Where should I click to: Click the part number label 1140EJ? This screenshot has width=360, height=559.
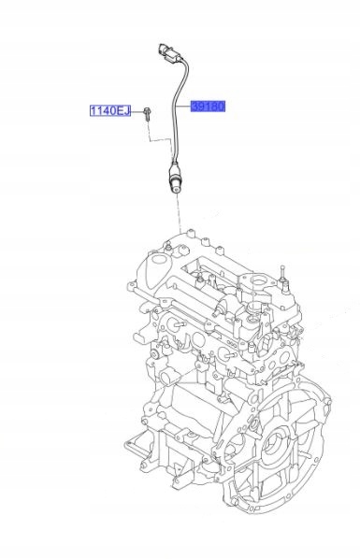(110, 111)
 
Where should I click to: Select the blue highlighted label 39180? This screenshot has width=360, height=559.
(208, 107)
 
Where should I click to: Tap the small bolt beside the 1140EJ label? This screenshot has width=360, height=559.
(147, 113)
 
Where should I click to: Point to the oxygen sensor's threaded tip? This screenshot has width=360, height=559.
(175, 189)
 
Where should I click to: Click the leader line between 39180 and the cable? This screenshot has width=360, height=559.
(182, 107)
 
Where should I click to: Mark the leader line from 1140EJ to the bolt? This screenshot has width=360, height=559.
(137, 111)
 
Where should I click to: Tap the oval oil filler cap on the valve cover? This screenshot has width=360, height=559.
(157, 269)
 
